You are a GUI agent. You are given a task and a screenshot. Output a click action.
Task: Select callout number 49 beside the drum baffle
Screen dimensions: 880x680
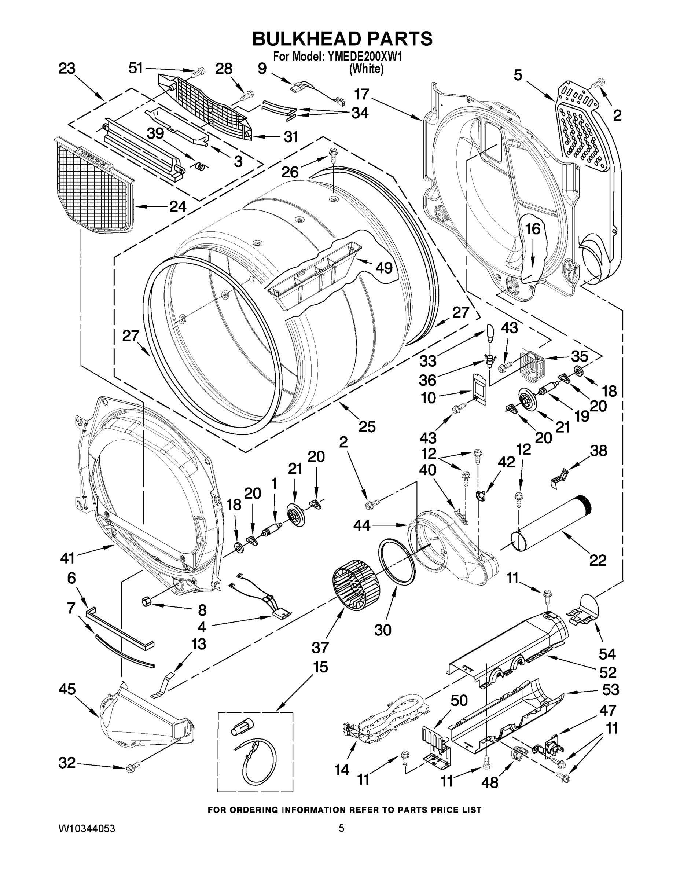pos(383,267)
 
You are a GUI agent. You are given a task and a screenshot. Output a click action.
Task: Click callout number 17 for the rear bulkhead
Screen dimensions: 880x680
pos(361,94)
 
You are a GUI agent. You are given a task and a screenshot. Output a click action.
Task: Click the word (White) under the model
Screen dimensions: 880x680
pos(366,69)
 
